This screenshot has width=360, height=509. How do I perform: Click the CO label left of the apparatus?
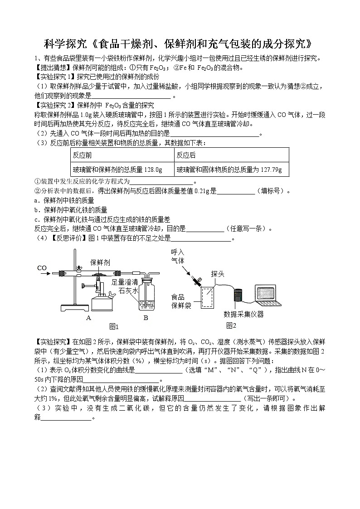(x=42, y=268)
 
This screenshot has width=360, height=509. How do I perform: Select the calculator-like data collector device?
(x=238, y=295)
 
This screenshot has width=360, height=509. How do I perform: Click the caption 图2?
(x=231, y=325)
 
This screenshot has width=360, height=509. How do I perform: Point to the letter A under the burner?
(x=89, y=318)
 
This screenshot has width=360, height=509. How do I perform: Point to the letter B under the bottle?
(x=146, y=318)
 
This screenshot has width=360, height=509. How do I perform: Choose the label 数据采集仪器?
(x=243, y=314)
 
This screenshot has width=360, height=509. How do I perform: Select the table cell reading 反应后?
(x=186, y=155)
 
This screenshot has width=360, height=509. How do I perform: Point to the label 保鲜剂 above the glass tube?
(x=100, y=262)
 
